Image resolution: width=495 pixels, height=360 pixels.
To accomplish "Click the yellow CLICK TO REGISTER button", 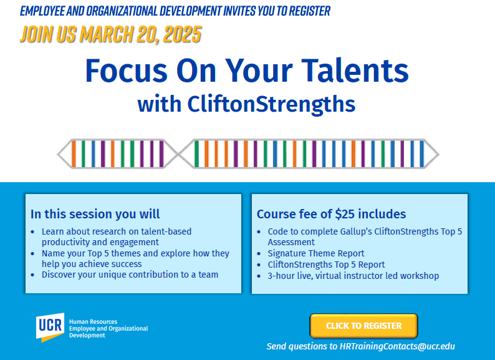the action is [x=363, y=326].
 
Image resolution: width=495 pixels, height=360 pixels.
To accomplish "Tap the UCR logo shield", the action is [x=50, y=327].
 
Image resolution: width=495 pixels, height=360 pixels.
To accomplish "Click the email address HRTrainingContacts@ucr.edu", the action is [x=397, y=346].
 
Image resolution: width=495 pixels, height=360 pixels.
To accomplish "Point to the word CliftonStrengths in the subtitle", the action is [x=271, y=104].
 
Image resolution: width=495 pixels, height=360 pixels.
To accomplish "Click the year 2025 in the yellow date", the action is [x=182, y=34].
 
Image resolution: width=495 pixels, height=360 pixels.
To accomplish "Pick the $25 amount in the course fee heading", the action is [x=345, y=214].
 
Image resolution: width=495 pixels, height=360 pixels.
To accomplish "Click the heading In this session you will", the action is [x=95, y=214].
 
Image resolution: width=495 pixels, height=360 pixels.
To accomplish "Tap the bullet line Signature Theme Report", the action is [x=315, y=253].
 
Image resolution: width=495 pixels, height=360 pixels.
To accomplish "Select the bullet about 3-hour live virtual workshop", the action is [x=353, y=276].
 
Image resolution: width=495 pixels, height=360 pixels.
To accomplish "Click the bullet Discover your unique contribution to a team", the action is [x=130, y=275].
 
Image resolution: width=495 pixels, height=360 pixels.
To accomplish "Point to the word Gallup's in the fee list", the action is [x=355, y=231].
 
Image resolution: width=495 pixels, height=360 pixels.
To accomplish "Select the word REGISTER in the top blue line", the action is [x=309, y=11].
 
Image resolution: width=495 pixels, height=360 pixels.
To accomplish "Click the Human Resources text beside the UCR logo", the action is [x=93, y=321].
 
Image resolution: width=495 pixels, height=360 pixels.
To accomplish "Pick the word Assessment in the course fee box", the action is [x=291, y=242].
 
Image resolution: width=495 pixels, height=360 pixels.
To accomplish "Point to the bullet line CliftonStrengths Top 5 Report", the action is [x=326, y=265].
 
